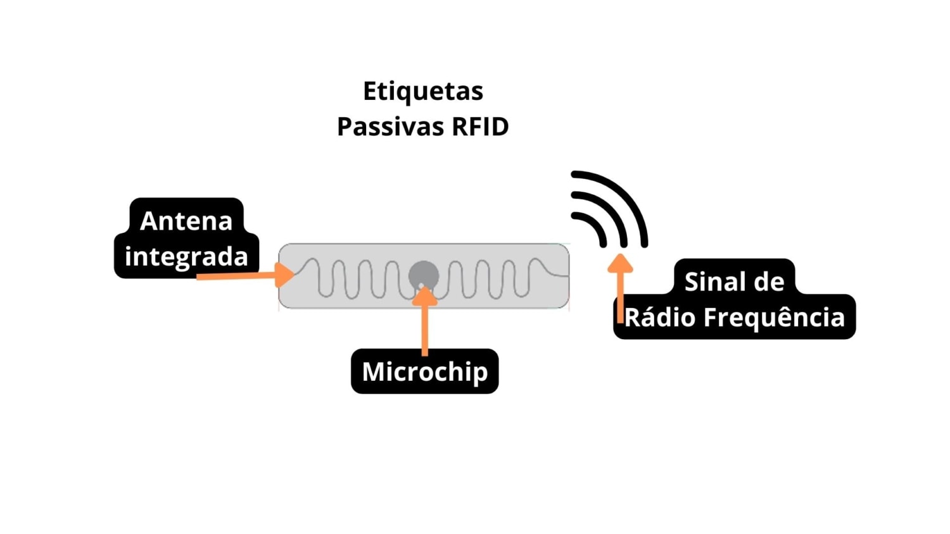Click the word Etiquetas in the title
click(x=422, y=92)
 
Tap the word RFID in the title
click(x=479, y=127)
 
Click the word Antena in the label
click(x=186, y=221)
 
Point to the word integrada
click(x=186, y=256)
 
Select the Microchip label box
click(x=424, y=371)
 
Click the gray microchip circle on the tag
click(x=424, y=274)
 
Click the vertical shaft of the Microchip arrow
click(x=424, y=329)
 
